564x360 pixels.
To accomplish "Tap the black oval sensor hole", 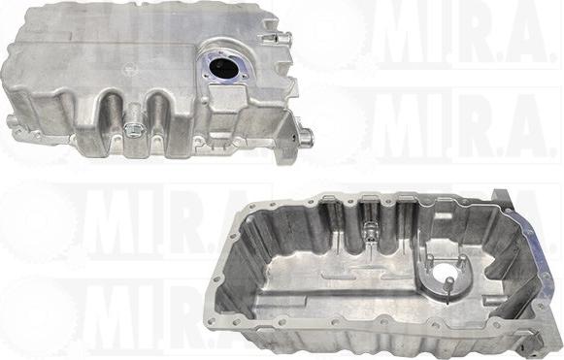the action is click(222, 68).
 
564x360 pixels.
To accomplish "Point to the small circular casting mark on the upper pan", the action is click(130, 68).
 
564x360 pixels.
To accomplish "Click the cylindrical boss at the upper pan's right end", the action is click(307, 136).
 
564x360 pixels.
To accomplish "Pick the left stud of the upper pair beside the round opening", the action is click(429, 262).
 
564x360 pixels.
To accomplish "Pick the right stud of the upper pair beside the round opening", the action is click(461, 262).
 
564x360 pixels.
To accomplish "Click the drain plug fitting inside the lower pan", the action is click(369, 231).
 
